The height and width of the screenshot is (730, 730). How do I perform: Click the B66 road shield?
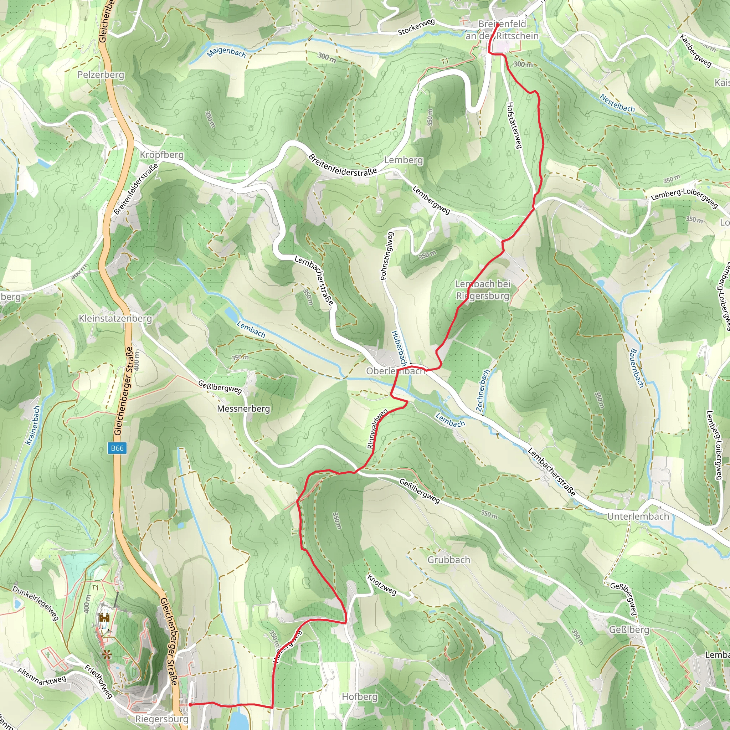[117, 448]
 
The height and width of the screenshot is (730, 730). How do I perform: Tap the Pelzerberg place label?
[101, 75]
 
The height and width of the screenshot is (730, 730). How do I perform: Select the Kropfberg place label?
[162, 155]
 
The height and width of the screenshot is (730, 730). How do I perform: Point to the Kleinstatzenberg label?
[115, 319]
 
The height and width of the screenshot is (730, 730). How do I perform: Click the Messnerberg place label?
[243, 408]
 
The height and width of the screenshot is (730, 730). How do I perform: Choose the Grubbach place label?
[448, 560]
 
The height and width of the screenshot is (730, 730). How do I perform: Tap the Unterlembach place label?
[638, 516]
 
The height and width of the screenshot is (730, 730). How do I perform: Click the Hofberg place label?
[359, 696]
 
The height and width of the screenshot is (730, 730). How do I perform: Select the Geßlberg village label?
[629, 629]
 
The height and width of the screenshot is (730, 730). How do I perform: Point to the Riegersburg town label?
[161, 719]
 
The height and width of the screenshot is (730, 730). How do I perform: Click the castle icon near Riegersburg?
[104, 618]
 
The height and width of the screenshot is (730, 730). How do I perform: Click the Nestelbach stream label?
[617, 103]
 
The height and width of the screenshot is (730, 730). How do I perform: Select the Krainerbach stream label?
[32, 426]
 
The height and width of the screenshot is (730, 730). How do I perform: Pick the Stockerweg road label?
[416, 27]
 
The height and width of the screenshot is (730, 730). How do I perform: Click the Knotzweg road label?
[382, 585]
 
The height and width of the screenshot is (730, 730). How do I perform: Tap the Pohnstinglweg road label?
[386, 256]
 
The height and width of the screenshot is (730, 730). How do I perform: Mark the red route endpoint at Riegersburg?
[190, 705]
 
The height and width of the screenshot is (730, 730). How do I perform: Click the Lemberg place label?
[403, 160]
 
